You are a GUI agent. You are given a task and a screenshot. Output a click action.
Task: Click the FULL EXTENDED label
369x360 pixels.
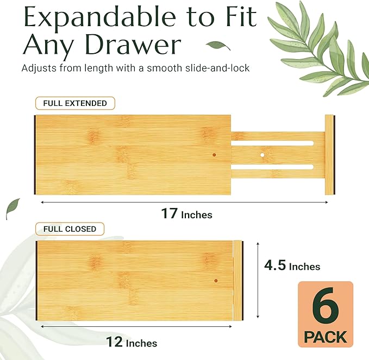click(71, 103)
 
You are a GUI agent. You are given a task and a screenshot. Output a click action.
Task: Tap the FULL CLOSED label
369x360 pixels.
click(70, 229)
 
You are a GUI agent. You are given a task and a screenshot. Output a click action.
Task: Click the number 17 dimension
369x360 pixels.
click(169, 213)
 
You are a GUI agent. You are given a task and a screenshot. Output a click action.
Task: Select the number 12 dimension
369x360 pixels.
click(114, 342)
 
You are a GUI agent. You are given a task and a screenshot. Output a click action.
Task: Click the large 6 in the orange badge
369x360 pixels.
click(325, 308)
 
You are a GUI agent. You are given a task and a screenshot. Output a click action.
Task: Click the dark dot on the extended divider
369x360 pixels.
click(214, 155)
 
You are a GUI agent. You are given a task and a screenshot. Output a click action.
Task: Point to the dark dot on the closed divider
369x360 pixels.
click(216, 281)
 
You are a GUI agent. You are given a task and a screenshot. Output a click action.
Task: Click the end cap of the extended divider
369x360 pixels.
click(329, 155)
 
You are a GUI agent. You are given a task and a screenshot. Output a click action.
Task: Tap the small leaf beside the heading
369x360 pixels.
click(219, 46)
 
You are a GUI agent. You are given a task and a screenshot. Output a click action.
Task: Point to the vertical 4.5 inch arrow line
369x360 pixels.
click(258, 280)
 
